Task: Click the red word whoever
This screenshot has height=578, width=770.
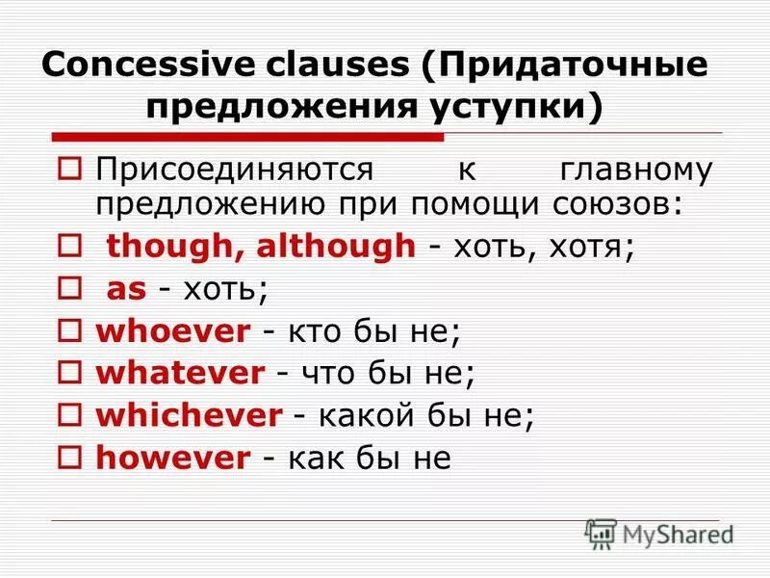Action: tap(172, 331)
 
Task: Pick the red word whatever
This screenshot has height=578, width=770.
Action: tap(179, 373)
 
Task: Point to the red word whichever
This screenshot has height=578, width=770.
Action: tap(189, 415)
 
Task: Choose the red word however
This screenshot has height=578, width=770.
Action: tap(172, 458)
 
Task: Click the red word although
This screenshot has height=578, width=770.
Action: tap(337, 246)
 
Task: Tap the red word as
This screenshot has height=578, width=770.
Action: tap(124, 289)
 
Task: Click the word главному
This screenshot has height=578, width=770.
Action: tap(636, 170)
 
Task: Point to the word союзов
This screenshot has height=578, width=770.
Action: tap(634, 204)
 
